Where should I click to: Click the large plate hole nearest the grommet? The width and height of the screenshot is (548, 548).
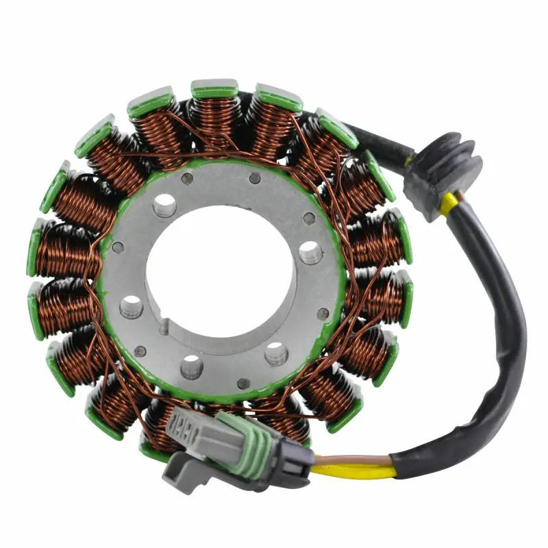click(x=310, y=252)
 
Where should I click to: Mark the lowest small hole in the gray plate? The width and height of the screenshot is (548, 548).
click(x=242, y=382)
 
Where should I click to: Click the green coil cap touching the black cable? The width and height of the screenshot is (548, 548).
click(x=335, y=127)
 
